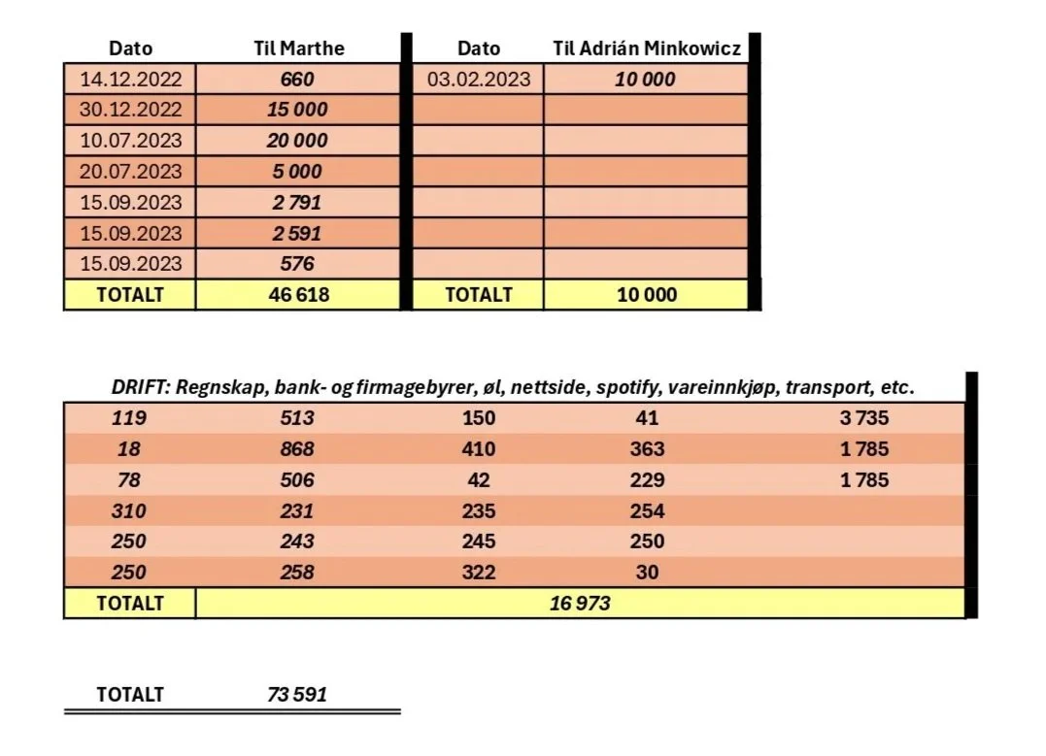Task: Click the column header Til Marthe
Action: pos(297,49)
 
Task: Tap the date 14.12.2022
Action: pos(130,80)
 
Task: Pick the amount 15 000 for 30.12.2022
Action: pos(297,110)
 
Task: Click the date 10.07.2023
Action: pos(130,141)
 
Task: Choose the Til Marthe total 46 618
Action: pos(297,294)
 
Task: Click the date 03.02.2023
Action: pos(479,80)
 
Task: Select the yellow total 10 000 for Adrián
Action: pos(646,294)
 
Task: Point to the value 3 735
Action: pos(864,418)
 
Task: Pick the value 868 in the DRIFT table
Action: pos(297,449)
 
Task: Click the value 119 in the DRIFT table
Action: pos(130,418)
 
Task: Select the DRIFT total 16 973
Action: pos(580,603)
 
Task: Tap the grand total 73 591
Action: pos(297,695)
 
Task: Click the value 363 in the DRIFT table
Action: pos(647,449)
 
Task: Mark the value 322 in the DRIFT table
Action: pos(479,573)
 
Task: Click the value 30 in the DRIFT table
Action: pos(647,573)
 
